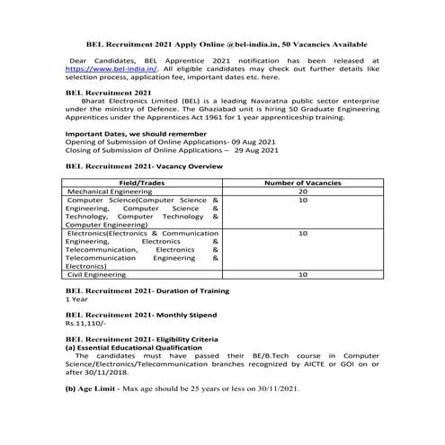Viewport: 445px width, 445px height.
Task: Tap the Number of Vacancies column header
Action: [x=303, y=182]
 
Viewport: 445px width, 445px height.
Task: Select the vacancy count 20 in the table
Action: [x=302, y=191]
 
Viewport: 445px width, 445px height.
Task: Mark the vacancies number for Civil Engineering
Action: [x=302, y=274]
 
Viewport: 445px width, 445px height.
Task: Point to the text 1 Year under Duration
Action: [x=76, y=299]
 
